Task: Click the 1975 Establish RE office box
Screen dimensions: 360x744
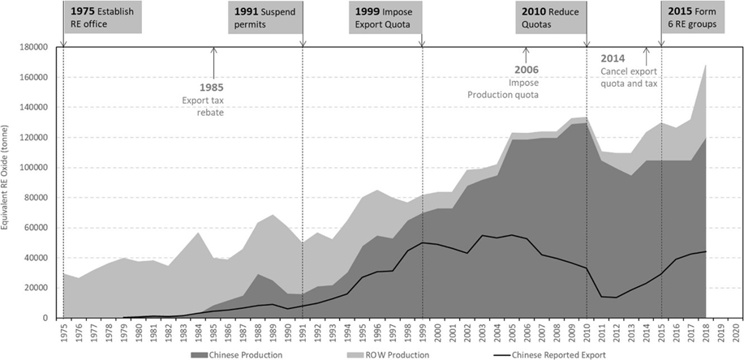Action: [x=102, y=18]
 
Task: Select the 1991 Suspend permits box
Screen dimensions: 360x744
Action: [x=265, y=18]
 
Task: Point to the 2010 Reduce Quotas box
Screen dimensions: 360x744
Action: [x=550, y=18]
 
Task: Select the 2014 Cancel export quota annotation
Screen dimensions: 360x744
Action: [x=629, y=71]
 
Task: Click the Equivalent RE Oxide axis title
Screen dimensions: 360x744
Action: [x=7, y=182]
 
